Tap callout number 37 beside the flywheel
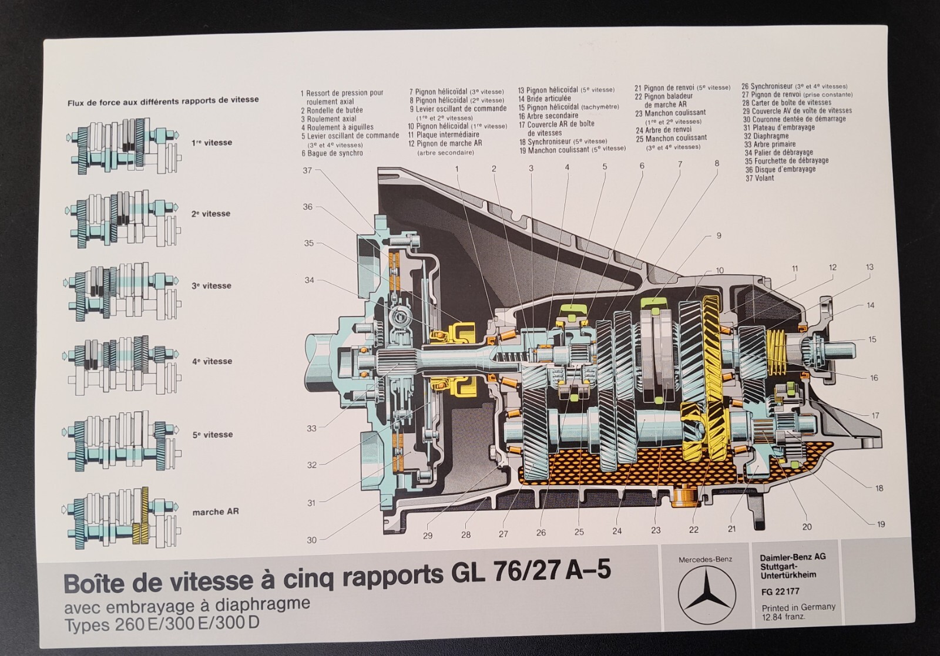click(x=307, y=170)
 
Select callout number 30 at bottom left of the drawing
click(x=311, y=540)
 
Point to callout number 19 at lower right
click(x=880, y=524)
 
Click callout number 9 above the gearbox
click(x=718, y=236)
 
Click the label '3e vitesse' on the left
click(x=211, y=286)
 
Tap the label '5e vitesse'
click(x=212, y=435)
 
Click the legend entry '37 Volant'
click(x=759, y=178)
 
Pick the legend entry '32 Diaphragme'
click(x=766, y=136)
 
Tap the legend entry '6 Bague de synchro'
click(x=332, y=153)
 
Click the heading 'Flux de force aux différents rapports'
click(x=163, y=100)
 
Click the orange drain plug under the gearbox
click(x=683, y=497)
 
